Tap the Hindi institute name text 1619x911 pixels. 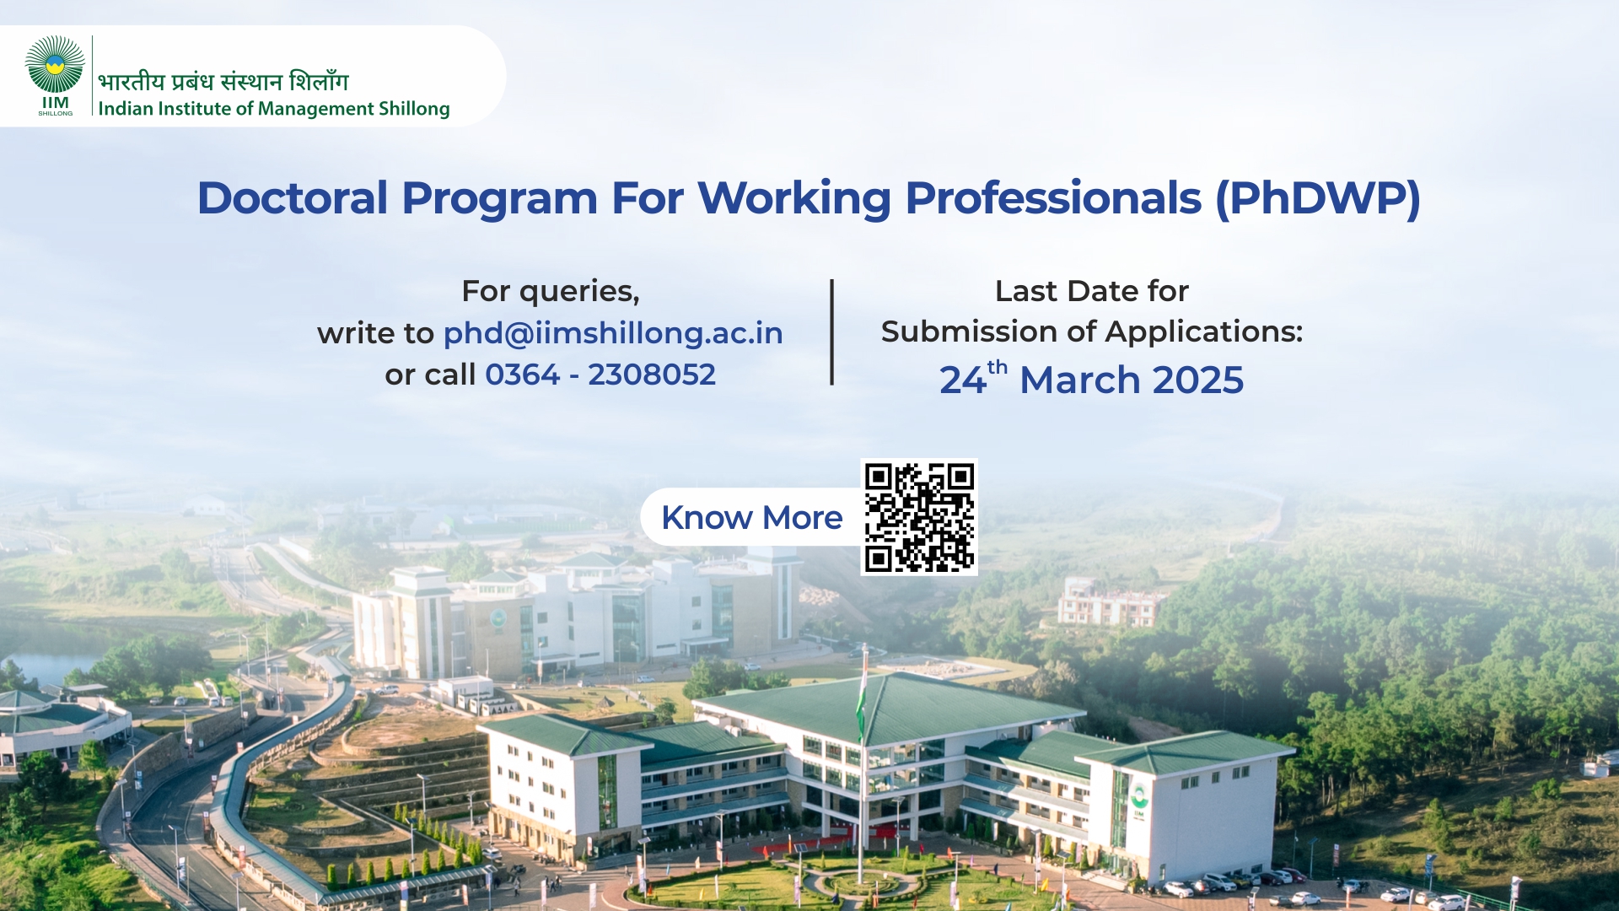(223, 81)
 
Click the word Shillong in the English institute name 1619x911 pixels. (414, 109)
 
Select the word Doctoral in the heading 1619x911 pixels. (293, 198)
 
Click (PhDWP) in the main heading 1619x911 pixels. (1318, 199)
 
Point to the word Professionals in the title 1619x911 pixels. (1053, 198)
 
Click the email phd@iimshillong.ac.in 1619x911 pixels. (613, 333)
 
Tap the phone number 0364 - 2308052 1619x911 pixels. (600, 375)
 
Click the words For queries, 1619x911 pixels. (551, 292)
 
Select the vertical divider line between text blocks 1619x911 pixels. (832, 332)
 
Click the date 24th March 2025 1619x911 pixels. (1091, 379)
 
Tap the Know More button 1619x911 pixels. (750, 517)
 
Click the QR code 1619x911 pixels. (919, 517)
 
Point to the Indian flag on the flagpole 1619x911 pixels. (862, 696)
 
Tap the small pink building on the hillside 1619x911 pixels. (1109, 601)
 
